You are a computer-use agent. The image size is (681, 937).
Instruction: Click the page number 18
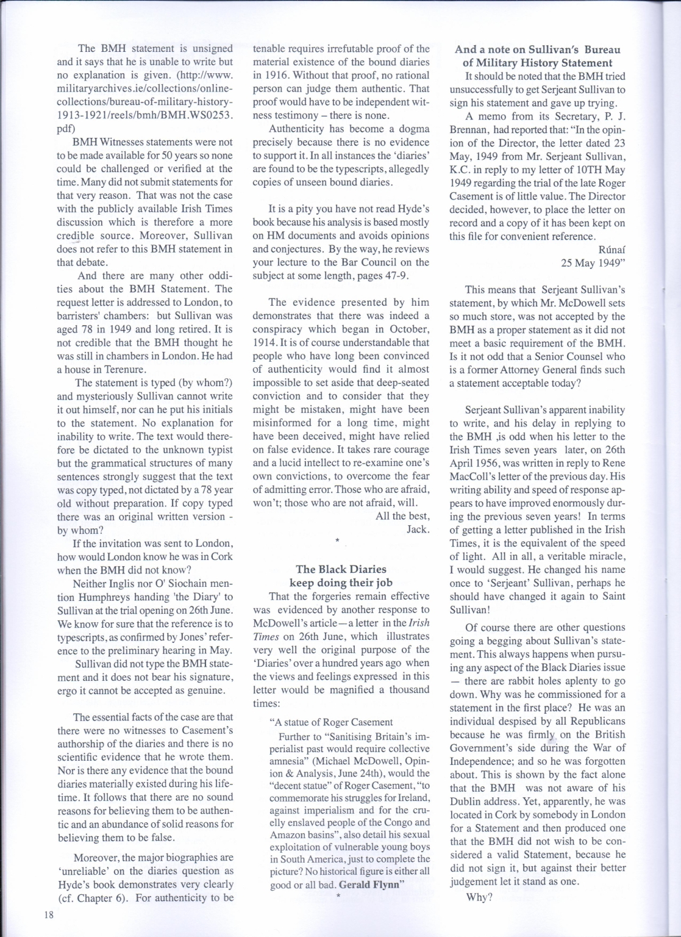[x=48, y=914]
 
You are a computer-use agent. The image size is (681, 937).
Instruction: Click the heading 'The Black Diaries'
[x=341, y=569]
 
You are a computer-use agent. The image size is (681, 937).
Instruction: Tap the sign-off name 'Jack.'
[x=418, y=529]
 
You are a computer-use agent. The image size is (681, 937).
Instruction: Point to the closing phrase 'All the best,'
[x=402, y=515]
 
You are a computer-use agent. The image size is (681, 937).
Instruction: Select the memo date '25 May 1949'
[x=593, y=263]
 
